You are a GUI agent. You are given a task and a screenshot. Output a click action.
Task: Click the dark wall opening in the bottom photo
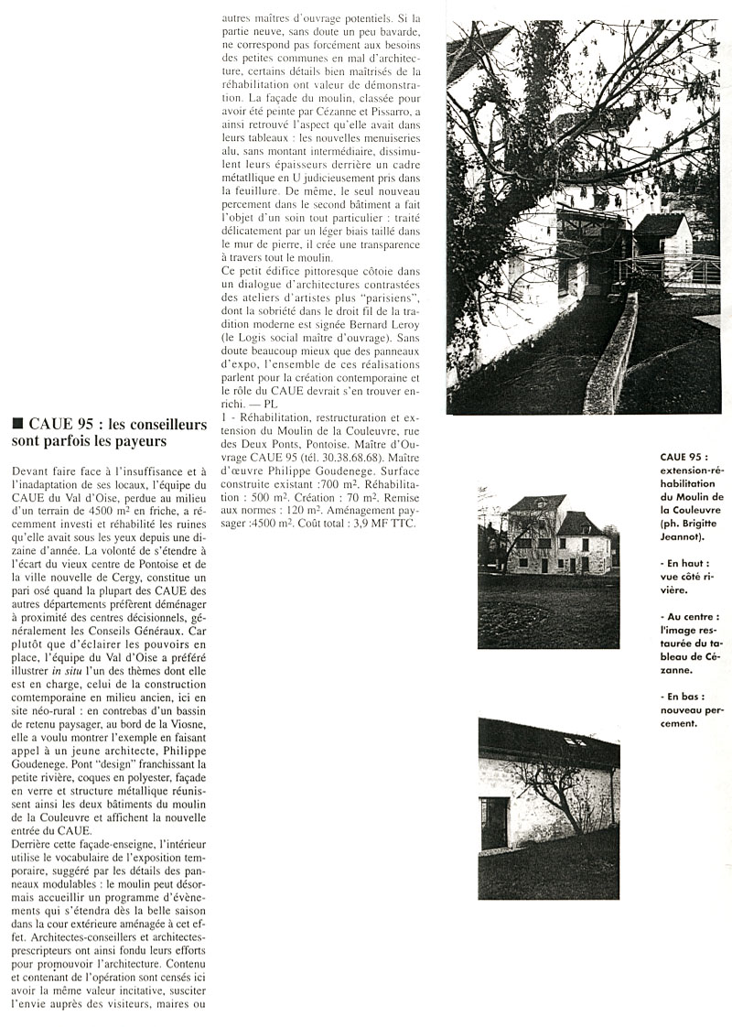pos(494,821)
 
